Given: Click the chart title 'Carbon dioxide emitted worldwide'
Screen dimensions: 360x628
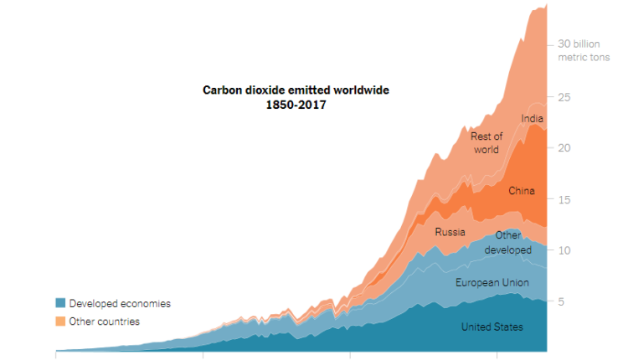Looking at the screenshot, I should click(296, 90).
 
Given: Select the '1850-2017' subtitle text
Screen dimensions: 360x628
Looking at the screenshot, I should click(296, 105).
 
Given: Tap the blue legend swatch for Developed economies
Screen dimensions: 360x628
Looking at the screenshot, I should click(60, 303).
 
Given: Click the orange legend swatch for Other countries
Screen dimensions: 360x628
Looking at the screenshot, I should click(60, 321).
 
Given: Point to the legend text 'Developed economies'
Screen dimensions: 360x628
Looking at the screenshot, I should click(120, 303).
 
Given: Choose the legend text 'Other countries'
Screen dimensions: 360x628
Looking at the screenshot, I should click(105, 321).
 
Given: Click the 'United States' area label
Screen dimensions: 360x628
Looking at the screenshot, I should click(492, 327).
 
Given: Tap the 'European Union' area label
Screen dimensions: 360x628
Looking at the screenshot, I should click(492, 283).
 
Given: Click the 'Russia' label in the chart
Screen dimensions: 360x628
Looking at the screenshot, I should click(450, 232).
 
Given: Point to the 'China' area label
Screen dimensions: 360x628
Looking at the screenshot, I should click(522, 191).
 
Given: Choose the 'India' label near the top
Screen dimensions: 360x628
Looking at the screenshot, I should click(532, 119).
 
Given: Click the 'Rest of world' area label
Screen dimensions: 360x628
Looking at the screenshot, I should click(486, 143).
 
